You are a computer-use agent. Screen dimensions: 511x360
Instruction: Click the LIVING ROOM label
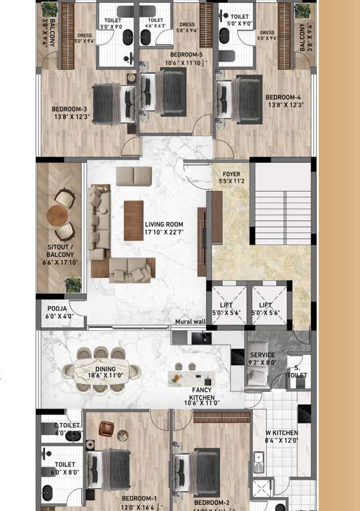pyautogui.click(x=164, y=228)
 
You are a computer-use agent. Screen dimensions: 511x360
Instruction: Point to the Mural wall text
pyautogui.click(x=190, y=322)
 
